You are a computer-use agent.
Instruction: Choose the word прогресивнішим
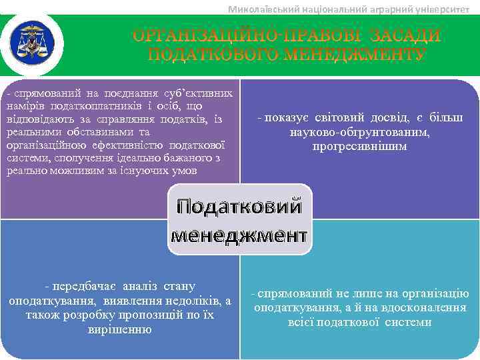click(x=359, y=145)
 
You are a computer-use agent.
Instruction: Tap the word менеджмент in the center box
click(x=239, y=235)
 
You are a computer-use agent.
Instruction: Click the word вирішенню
click(x=119, y=329)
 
